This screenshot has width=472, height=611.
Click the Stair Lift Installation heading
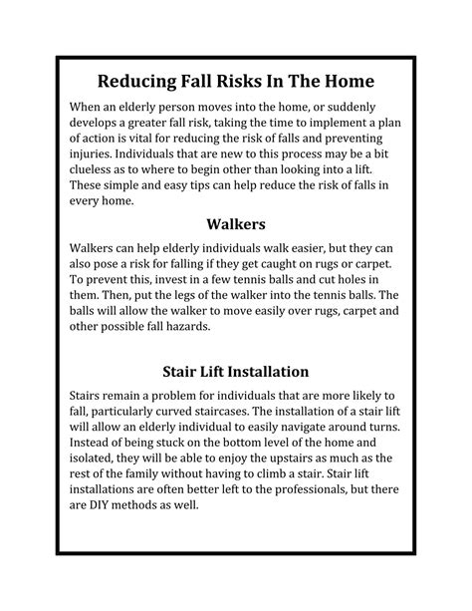[x=236, y=371]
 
